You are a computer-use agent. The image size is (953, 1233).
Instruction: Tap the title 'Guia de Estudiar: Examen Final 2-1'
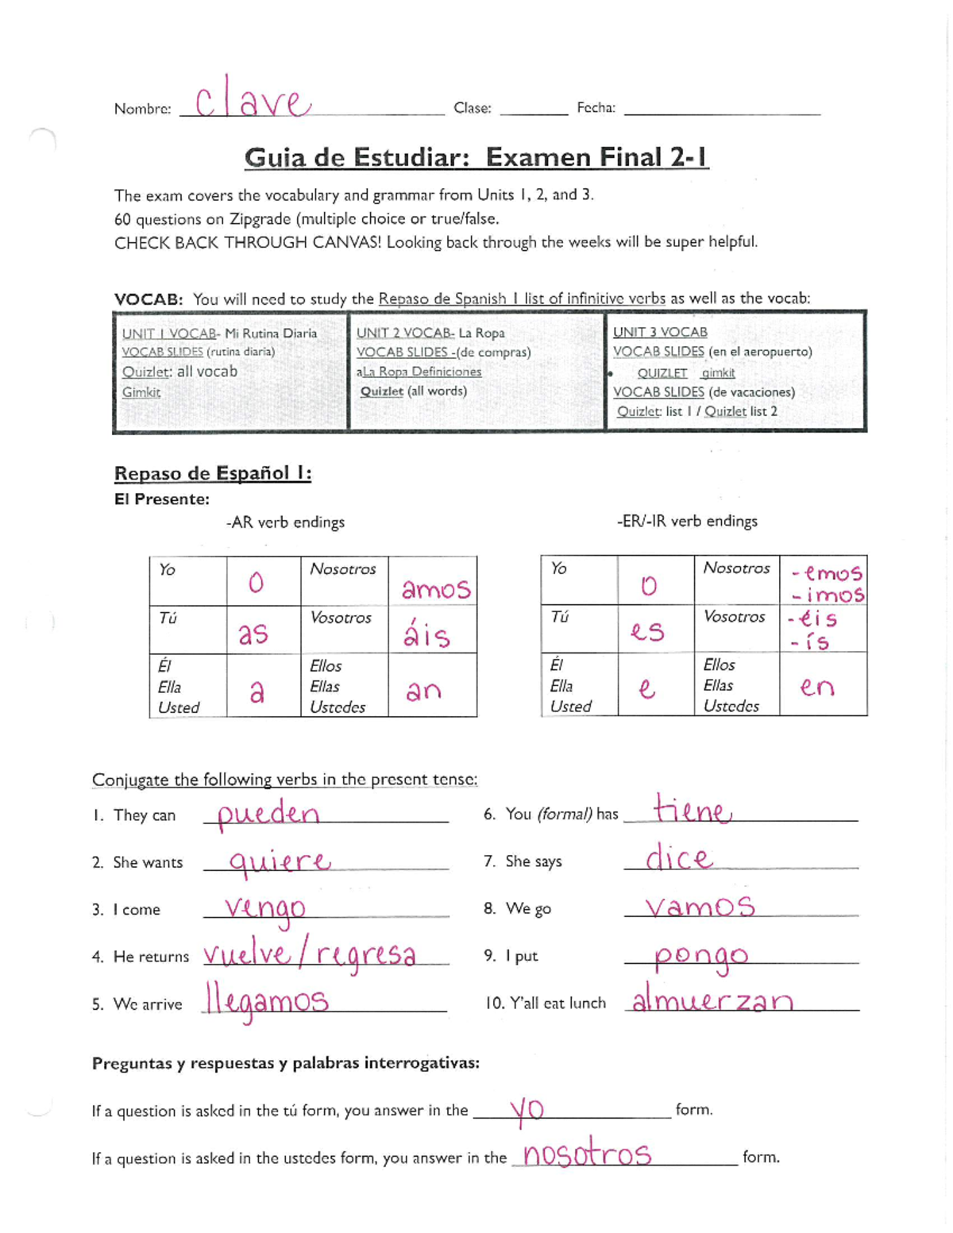click(x=476, y=157)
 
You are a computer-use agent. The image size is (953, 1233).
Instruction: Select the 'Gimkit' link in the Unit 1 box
click(x=141, y=392)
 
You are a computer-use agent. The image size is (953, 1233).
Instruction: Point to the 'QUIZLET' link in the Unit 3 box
click(x=662, y=372)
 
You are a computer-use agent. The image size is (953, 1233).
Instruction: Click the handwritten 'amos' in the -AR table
click(x=435, y=589)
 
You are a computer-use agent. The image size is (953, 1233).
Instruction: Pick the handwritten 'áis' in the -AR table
click(x=426, y=634)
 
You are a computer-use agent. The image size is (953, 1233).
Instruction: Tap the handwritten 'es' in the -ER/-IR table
click(x=646, y=631)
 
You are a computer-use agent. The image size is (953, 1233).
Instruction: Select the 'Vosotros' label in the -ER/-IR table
click(x=734, y=616)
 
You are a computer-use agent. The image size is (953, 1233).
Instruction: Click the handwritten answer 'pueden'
click(x=268, y=814)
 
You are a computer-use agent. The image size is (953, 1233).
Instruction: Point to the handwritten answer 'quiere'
click(x=279, y=861)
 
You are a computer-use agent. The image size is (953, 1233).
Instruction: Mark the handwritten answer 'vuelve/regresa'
click(x=309, y=954)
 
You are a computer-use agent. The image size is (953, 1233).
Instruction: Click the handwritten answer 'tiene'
click(x=691, y=811)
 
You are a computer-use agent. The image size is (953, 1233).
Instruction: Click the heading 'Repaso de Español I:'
click(x=213, y=473)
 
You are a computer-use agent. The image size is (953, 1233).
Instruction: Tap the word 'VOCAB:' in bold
click(x=149, y=299)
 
